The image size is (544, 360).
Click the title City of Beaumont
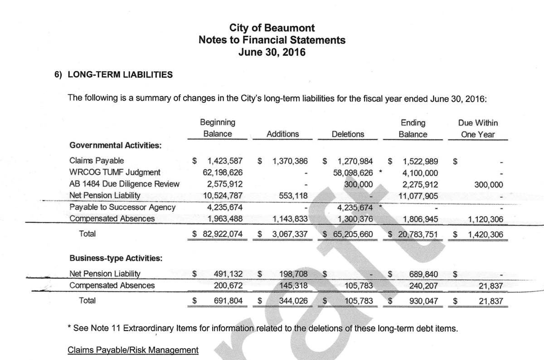(272, 28)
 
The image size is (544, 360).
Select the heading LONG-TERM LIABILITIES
(120, 75)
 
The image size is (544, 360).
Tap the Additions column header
(282, 134)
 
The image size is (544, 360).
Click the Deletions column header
(348, 134)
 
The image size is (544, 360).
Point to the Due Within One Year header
(478, 128)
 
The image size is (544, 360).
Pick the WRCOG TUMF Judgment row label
(115, 172)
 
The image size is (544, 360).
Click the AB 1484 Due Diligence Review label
(124, 184)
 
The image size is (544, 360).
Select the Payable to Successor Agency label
(122, 207)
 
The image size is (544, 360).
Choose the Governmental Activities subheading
(116, 145)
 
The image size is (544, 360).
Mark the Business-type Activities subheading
(116, 258)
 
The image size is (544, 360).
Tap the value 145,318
(292, 286)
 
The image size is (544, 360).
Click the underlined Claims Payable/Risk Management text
(133, 350)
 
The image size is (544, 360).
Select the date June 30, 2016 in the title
(272, 52)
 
